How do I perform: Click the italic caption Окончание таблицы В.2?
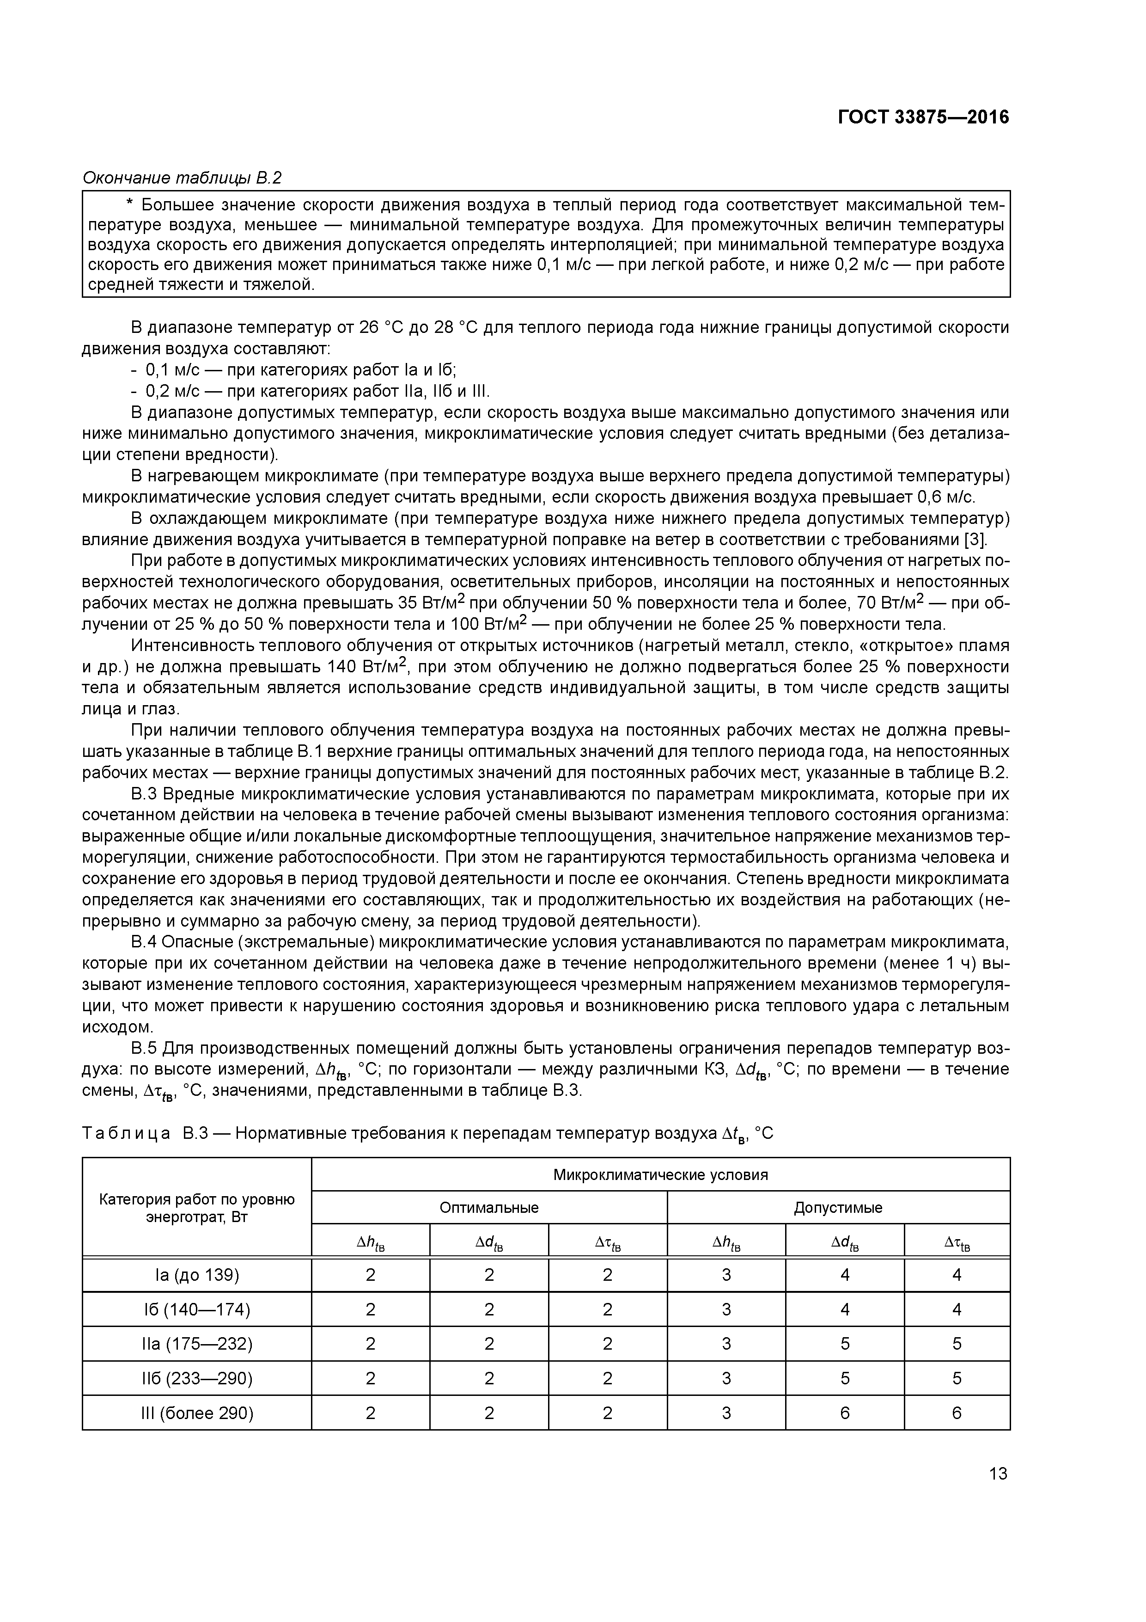(x=182, y=178)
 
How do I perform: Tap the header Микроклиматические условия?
(x=660, y=1174)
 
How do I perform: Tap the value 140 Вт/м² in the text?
(x=367, y=667)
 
